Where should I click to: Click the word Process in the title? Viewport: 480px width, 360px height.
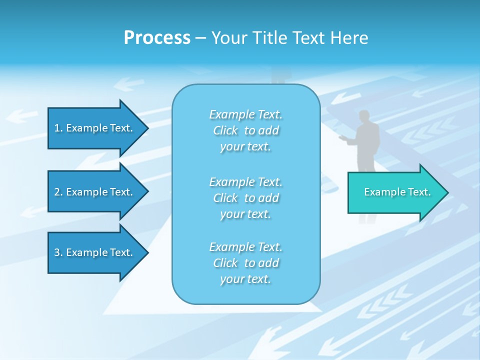[157, 38]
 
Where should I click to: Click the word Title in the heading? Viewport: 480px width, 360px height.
[271, 38]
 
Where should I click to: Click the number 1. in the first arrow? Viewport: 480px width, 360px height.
[58, 128]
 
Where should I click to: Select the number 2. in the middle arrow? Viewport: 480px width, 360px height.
[58, 192]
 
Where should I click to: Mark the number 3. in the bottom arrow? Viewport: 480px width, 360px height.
[58, 252]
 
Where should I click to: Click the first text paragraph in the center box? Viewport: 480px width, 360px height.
[246, 130]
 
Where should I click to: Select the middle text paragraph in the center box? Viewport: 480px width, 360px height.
[246, 198]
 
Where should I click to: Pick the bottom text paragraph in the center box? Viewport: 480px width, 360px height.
[246, 263]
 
